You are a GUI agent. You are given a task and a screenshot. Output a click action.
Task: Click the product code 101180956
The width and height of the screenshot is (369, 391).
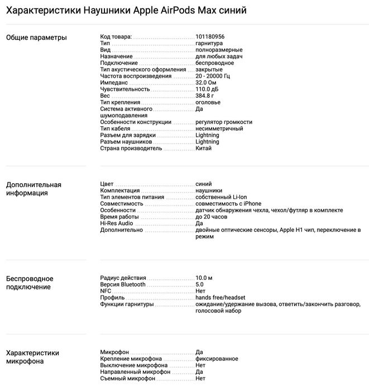[x=210, y=37]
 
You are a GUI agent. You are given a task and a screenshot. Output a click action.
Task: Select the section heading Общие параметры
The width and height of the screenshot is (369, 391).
[x=36, y=37]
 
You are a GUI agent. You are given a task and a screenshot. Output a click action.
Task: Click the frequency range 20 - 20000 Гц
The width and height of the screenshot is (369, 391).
[x=213, y=76]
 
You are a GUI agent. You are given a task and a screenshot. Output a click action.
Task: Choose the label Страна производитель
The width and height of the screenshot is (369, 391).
[x=131, y=149]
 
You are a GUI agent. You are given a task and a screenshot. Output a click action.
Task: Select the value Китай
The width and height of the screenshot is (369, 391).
[x=204, y=149]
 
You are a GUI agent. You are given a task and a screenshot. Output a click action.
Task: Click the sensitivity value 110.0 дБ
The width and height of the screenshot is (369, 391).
[x=207, y=89]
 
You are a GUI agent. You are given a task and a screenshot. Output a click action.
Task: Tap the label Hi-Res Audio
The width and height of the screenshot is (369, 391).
[x=117, y=223]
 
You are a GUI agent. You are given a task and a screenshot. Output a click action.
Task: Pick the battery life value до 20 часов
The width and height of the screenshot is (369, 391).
[x=212, y=217]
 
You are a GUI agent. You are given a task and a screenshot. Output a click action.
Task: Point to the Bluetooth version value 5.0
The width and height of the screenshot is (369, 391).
[x=200, y=284]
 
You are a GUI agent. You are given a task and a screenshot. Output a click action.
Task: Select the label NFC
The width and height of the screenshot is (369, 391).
[x=106, y=291]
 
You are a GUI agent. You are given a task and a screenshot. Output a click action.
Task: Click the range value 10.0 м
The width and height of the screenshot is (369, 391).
[x=204, y=278]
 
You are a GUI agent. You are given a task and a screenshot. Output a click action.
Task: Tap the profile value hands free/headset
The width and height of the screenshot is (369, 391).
[x=221, y=298]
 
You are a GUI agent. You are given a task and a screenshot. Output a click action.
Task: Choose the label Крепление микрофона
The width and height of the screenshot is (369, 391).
[x=131, y=359]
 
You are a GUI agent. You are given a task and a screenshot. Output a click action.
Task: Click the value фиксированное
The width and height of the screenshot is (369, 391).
[x=217, y=359]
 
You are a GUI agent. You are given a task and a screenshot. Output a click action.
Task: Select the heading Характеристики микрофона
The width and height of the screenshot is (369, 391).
[x=32, y=357]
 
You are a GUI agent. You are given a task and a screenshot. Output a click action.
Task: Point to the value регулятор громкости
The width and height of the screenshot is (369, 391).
[x=224, y=122]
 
